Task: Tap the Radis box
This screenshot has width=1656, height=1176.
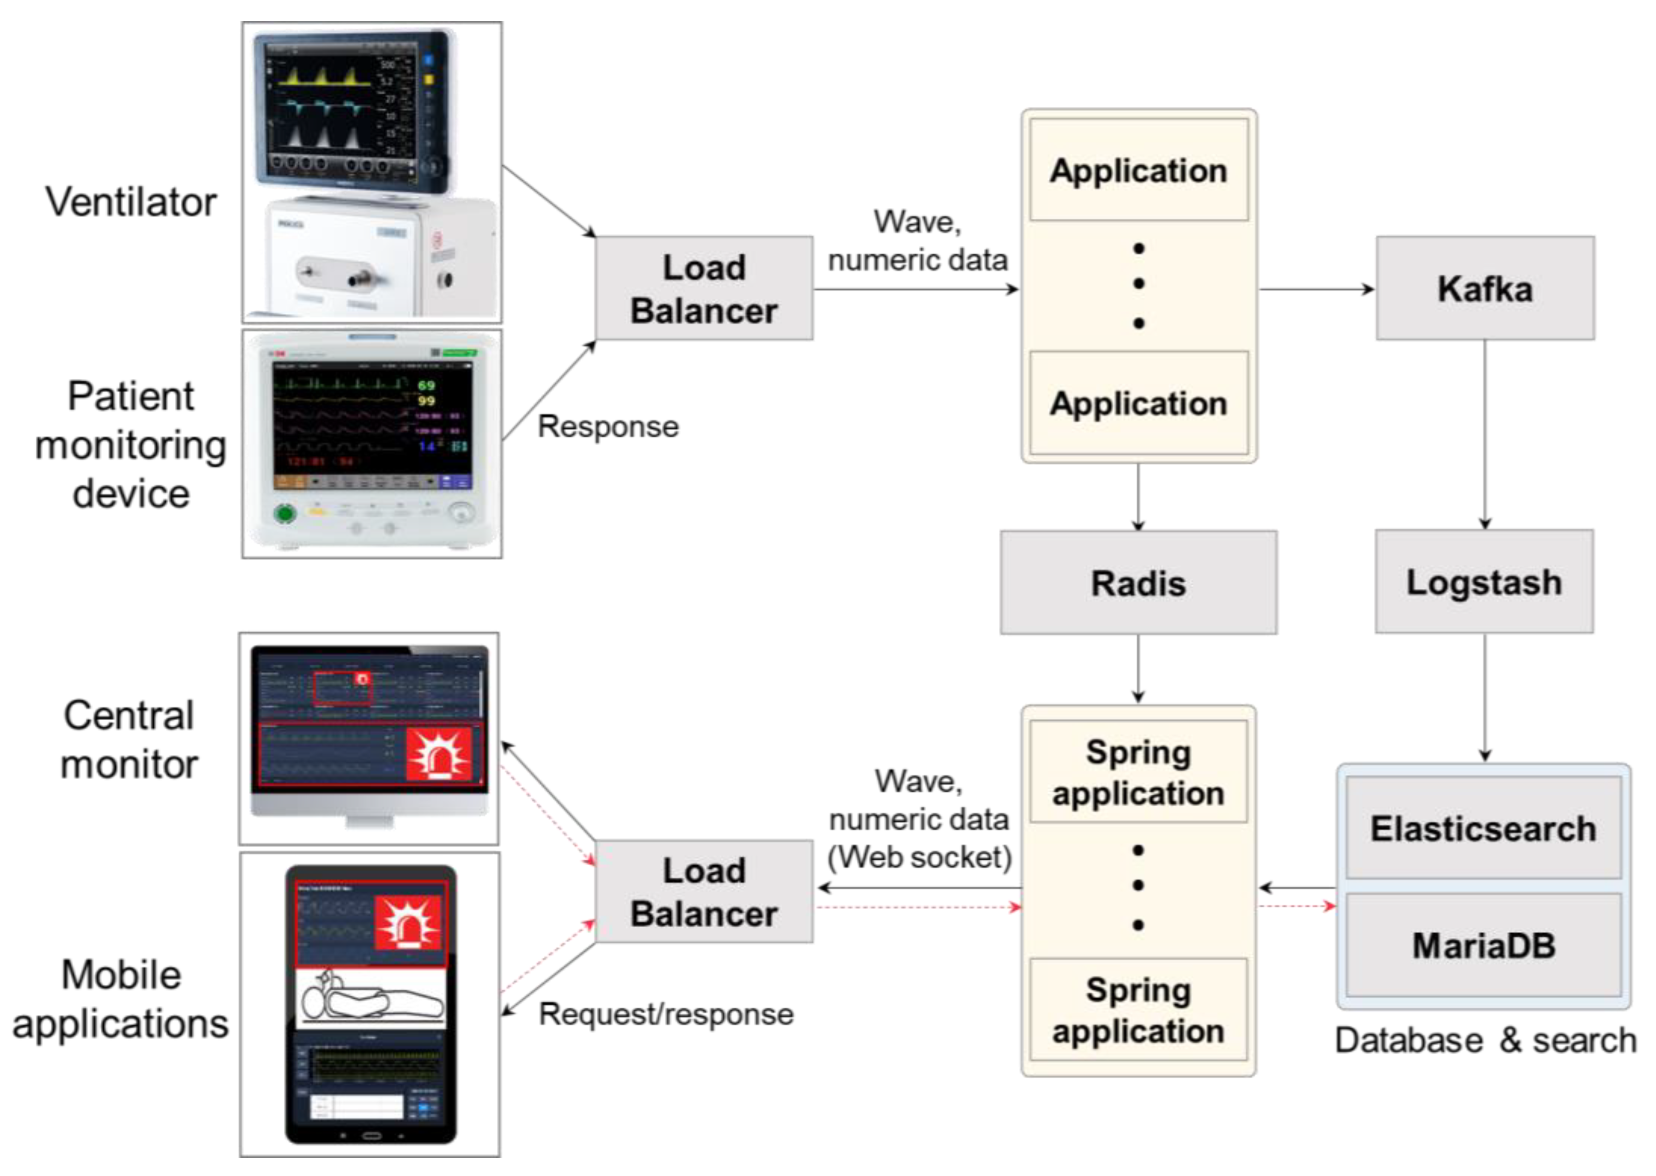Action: pos(1138,583)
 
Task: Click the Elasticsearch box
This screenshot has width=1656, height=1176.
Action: pos(1483,827)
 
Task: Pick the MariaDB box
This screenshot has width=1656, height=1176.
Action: pos(1483,945)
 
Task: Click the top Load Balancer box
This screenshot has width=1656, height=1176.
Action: pos(704,288)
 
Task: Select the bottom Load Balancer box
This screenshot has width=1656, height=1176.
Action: pos(704,891)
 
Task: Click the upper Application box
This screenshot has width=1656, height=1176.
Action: pos(1138,170)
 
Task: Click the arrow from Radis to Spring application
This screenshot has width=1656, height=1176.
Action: pos(1138,668)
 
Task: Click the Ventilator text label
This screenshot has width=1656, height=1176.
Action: pos(131,201)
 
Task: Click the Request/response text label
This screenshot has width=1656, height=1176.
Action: pos(666,1014)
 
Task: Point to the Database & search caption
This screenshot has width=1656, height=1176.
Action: pos(1485,1040)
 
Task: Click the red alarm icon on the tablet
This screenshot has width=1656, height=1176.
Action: pos(408,922)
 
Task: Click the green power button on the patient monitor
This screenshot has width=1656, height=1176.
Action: pos(285,514)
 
